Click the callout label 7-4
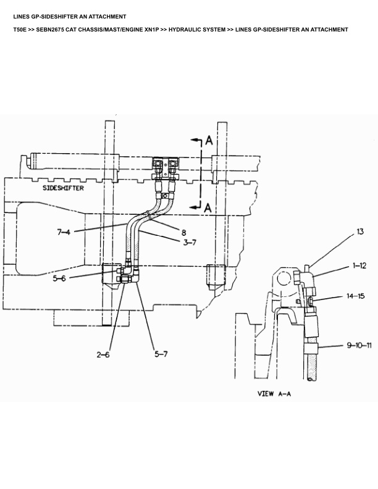pyautogui.click(x=64, y=233)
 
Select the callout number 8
pyautogui.click(x=183, y=232)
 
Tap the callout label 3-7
pyautogui.click(x=189, y=243)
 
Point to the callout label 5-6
pyautogui.click(x=59, y=278)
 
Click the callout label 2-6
pyautogui.click(x=103, y=355)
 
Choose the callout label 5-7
pyautogui.click(x=161, y=354)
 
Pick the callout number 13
pyautogui.click(x=360, y=233)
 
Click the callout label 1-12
pyautogui.click(x=359, y=266)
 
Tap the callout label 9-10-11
pyautogui.click(x=358, y=346)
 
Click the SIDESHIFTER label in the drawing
pyautogui.click(x=64, y=188)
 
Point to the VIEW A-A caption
pyautogui.click(x=274, y=393)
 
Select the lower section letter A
pyautogui.click(x=208, y=208)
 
